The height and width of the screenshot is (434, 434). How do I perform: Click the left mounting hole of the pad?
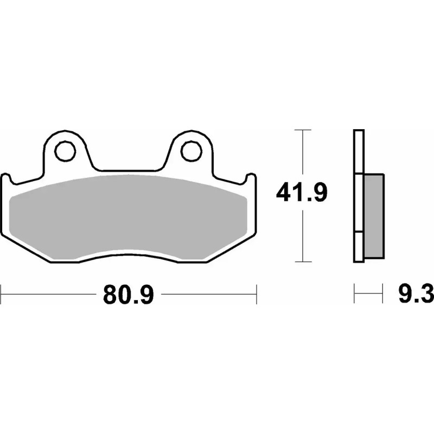(66, 150)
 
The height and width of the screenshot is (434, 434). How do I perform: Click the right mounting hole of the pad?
(190, 150)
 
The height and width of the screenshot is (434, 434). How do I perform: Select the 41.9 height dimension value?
(302, 193)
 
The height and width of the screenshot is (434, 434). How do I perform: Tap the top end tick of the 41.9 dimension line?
(302, 130)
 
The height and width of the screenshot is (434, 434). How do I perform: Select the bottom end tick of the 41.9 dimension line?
(302, 261)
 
